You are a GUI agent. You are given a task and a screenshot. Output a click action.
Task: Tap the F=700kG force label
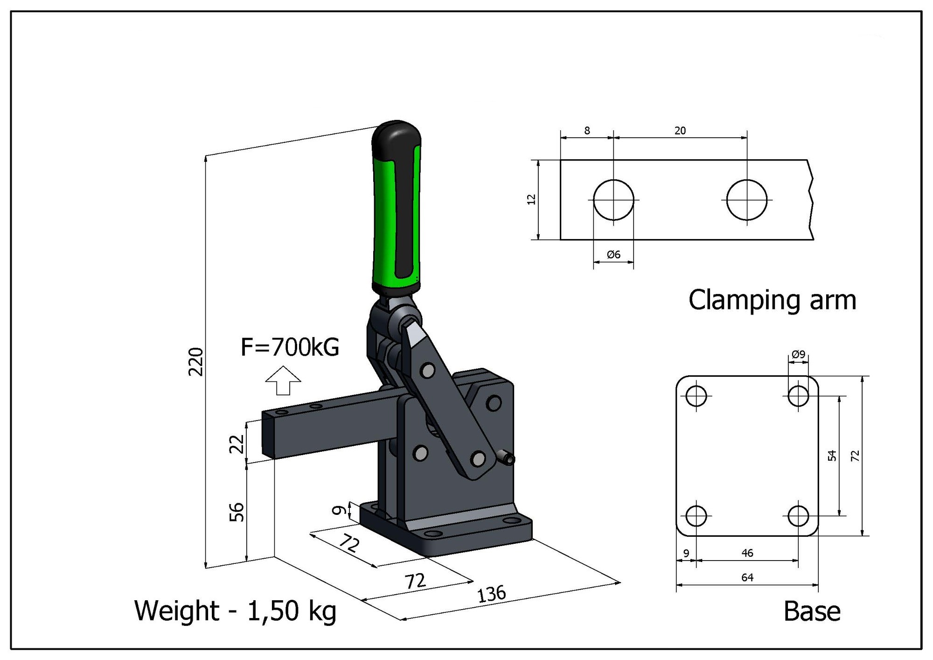(290, 347)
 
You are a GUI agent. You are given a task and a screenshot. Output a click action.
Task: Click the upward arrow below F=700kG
(283, 380)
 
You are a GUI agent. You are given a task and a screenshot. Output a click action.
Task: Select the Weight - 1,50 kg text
(235, 611)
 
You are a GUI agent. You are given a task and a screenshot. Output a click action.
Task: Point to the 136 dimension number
(491, 594)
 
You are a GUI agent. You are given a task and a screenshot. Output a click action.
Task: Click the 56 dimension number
(237, 512)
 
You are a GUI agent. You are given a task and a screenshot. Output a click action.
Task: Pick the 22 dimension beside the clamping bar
(237, 443)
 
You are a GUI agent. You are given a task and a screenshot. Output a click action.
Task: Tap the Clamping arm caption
(772, 300)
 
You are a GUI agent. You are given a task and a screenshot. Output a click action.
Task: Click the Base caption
(812, 611)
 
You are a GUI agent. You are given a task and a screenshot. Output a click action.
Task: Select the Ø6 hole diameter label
(613, 254)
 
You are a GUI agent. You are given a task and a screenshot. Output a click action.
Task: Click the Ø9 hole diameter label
(798, 355)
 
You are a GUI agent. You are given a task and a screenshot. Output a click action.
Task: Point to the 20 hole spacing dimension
(680, 131)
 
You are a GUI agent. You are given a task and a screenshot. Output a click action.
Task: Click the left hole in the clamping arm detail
(613, 200)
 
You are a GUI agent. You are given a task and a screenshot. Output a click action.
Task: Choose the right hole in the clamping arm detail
(747, 200)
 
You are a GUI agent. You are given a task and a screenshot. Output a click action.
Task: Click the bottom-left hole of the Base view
(696, 516)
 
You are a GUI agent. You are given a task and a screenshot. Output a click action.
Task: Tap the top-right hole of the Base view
(798, 396)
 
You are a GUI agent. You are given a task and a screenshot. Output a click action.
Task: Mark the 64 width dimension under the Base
(747, 578)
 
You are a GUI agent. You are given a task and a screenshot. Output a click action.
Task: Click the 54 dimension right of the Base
(832, 456)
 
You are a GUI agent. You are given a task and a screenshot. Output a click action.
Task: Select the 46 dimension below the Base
(747, 553)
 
